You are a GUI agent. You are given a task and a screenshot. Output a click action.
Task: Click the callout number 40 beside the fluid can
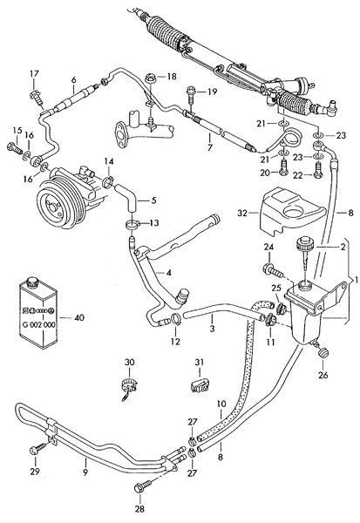(x=79, y=317)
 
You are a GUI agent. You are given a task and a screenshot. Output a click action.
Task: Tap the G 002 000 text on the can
(x=39, y=324)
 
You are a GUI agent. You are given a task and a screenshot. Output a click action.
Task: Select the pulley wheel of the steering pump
(x=57, y=206)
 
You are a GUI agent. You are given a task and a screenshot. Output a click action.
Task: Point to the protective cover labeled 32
(x=291, y=211)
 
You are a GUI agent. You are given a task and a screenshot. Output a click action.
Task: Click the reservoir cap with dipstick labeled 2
(x=304, y=253)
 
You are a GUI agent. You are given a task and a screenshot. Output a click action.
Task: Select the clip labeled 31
(x=200, y=384)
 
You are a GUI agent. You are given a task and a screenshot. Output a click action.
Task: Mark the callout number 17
(x=34, y=74)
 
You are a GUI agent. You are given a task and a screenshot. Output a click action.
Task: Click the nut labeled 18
(x=151, y=79)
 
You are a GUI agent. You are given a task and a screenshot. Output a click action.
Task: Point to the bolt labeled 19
(x=191, y=94)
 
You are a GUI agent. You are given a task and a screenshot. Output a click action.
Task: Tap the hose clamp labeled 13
(x=133, y=225)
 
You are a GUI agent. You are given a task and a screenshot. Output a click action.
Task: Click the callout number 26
(x=323, y=375)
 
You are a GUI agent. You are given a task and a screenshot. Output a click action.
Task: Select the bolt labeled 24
(x=273, y=270)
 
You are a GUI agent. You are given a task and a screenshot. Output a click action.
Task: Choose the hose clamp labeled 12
(x=175, y=320)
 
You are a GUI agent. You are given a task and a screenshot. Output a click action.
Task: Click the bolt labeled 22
(x=317, y=170)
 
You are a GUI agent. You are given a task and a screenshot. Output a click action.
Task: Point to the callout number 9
(x=85, y=472)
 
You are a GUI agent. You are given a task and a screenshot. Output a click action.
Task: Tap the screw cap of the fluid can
(x=33, y=282)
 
